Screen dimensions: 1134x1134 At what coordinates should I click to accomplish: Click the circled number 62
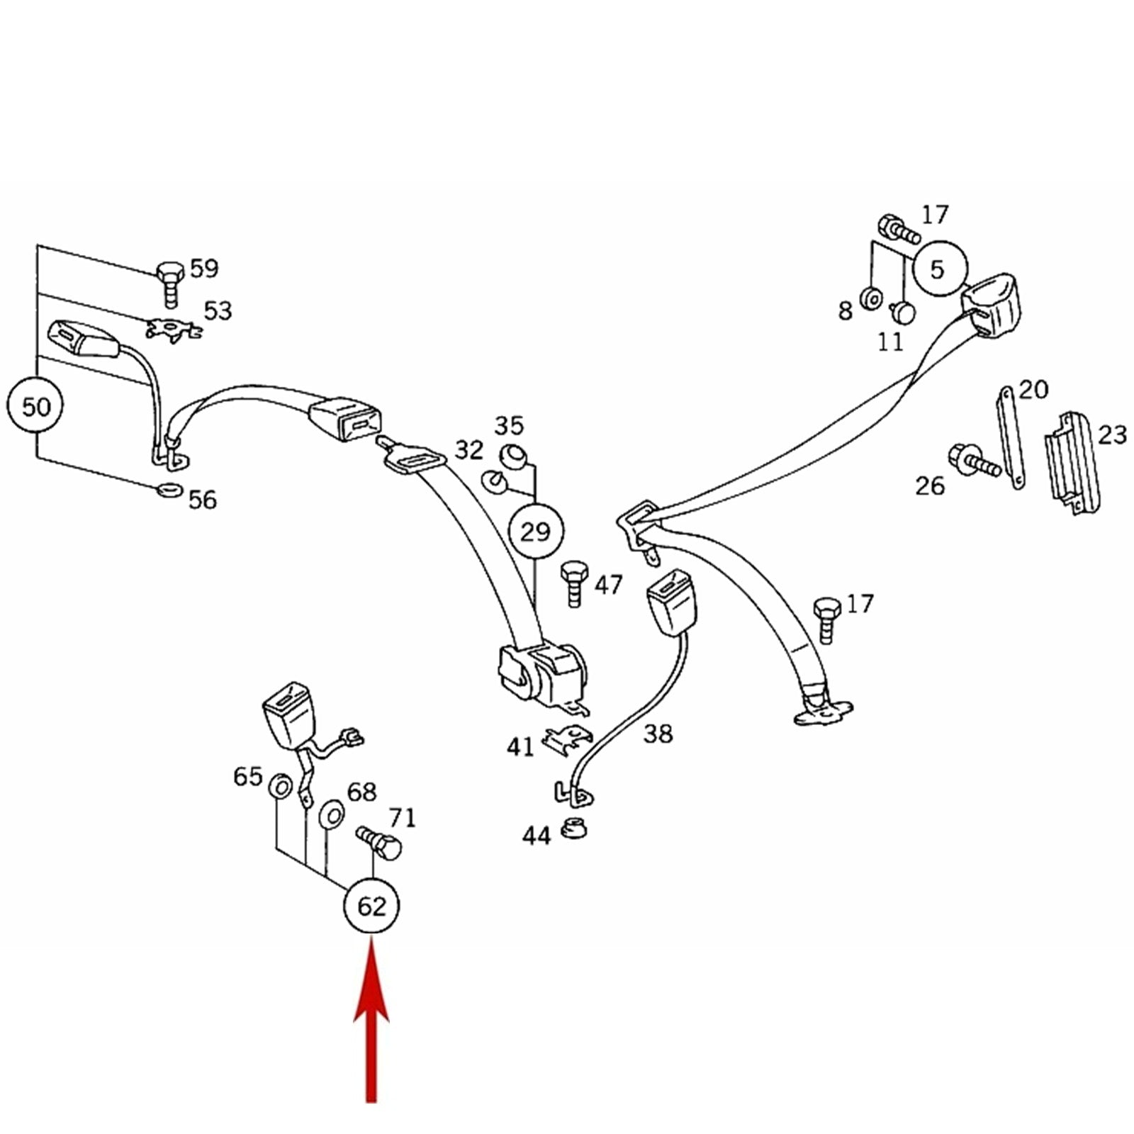pyautogui.click(x=371, y=906)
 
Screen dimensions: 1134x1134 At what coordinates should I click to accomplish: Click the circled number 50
pyautogui.click(x=35, y=407)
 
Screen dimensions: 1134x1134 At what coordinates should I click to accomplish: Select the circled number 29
pyautogui.click(x=537, y=531)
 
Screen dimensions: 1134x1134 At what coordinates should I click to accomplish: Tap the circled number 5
pyautogui.click(x=940, y=269)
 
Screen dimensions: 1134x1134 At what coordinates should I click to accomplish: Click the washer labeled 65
pyautogui.click(x=279, y=786)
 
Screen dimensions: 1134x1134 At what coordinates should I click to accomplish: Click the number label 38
pyautogui.click(x=658, y=734)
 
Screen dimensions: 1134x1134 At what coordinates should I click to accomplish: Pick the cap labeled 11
pyautogui.click(x=902, y=311)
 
